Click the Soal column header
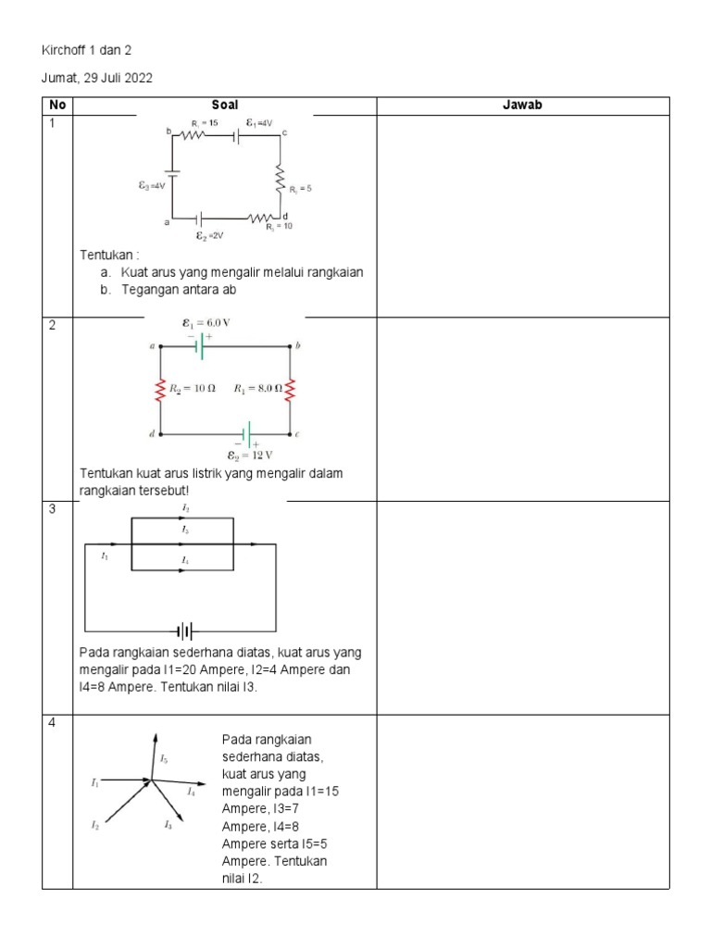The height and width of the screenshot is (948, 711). (224, 106)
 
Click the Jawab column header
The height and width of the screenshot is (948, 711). (522, 106)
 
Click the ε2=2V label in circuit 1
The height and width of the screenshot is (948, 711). (209, 236)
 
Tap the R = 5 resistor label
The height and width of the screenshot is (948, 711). (300, 189)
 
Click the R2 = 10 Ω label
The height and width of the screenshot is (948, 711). (193, 389)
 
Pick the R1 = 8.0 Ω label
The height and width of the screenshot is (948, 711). (257, 389)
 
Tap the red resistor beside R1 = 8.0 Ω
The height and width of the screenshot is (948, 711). (290, 390)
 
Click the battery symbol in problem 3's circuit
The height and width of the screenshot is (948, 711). (185, 631)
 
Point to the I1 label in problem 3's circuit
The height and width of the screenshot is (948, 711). (105, 555)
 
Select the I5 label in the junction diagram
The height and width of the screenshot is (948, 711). (164, 759)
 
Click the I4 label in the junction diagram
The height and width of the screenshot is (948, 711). (191, 792)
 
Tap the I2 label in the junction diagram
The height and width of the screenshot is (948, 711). (94, 824)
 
